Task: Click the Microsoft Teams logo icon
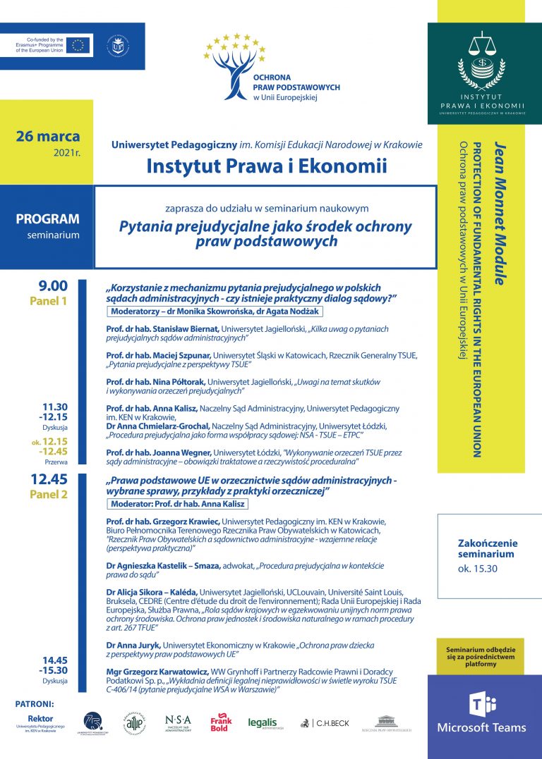[x=484, y=705]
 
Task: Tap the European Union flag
[x=78, y=46]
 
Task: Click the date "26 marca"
[x=47, y=136]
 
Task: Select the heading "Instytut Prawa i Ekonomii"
[x=267, y=166]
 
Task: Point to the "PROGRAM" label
[x=48, y=219]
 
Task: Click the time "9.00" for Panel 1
[x=54, y=286]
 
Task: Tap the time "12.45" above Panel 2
[x=49, y=479]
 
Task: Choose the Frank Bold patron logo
[x=221, y=724]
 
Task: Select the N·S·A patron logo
[x=178, y=723]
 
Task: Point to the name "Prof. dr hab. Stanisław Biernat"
[x=162, y=329]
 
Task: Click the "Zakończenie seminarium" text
[x=487, y=548]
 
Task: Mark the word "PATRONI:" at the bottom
[x=34, y=703]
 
